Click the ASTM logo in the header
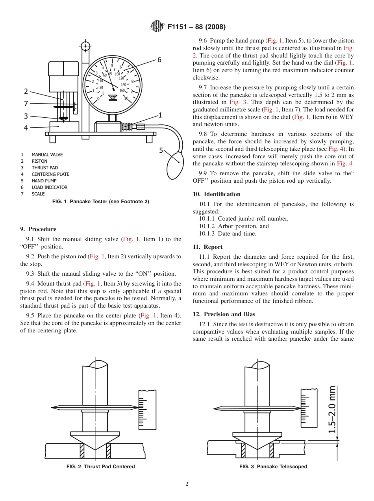157,27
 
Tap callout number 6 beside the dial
159,59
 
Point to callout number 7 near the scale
26,103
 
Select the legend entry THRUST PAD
44,167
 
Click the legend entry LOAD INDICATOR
49,187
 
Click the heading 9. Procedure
38,229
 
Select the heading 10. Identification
217,194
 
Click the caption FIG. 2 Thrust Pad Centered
101,467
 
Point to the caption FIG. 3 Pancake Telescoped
273,467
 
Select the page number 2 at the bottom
187,484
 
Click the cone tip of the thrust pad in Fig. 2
95,450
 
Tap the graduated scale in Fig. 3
309,408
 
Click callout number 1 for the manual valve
160,115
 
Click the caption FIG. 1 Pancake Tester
100,202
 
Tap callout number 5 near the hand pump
161,150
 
